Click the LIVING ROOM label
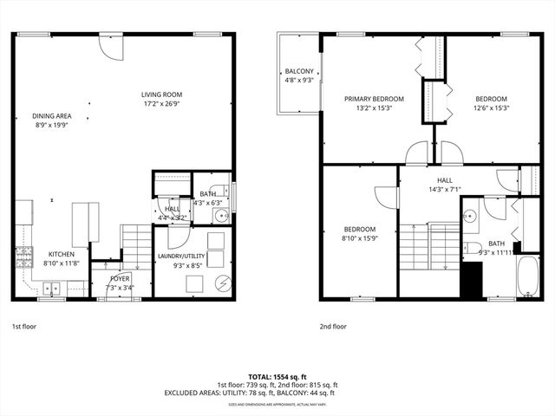click(x=162, y=94)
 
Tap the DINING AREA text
click(x=52, y=115)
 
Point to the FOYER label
click(x=120, y=279)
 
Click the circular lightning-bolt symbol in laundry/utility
click(x=222, y=283)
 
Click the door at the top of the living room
click(x=112, y=46)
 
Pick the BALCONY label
click(x=298, y=71)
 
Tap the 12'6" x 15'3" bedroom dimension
click(x=490, y=108)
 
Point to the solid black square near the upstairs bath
click(x=471, y=280)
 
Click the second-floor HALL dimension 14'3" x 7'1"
click(x=444, y=189)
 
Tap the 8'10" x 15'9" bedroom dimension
click(x=359, y=237)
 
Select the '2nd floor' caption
click(x=333, y=327)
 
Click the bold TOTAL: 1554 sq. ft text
click(x=277, y=376)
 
